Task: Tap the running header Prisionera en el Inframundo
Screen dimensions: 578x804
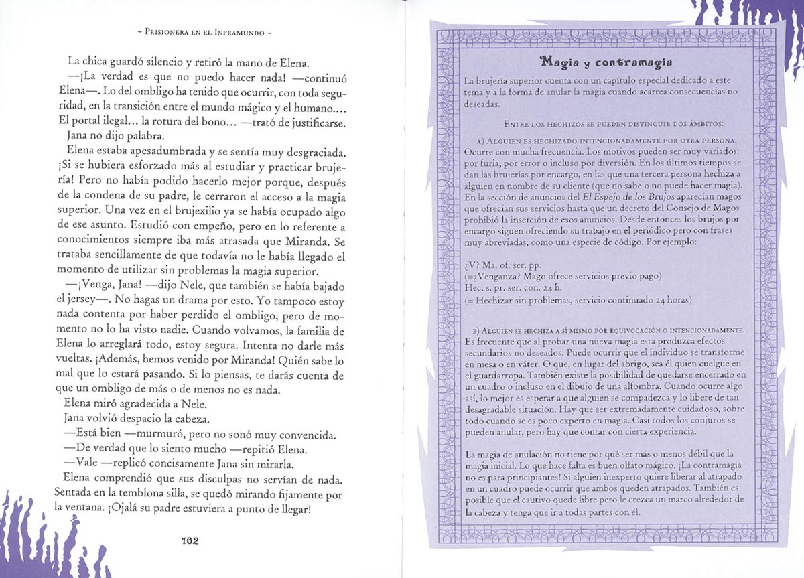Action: (202, 31)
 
